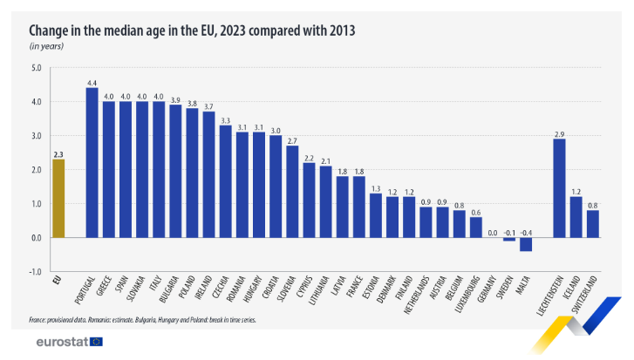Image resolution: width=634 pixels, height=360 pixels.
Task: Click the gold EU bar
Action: [x=58, y=198]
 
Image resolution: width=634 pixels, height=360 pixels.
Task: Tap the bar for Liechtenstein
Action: [x=559, y=188]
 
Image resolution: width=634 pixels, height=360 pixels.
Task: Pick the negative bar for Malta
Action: [x=526, y=244]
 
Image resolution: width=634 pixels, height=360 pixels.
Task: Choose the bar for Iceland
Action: [x=576, y=217]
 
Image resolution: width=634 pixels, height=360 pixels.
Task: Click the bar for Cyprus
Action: [x=309, y=200]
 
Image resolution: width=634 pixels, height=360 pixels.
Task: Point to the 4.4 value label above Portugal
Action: [x=92, y=82]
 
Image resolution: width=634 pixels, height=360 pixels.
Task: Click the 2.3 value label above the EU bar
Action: [x=58, y=153]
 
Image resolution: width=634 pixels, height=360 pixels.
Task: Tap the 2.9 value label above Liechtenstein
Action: [x=559, y=133]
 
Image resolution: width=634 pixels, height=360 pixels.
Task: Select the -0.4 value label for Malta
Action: [x=526, y=233]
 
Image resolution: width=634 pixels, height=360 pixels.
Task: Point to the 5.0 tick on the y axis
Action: [x=36, y=68]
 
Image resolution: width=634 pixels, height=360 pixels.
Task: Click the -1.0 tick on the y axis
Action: [x=35, y=272]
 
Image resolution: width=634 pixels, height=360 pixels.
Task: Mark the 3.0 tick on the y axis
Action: [x=36, y=136]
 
